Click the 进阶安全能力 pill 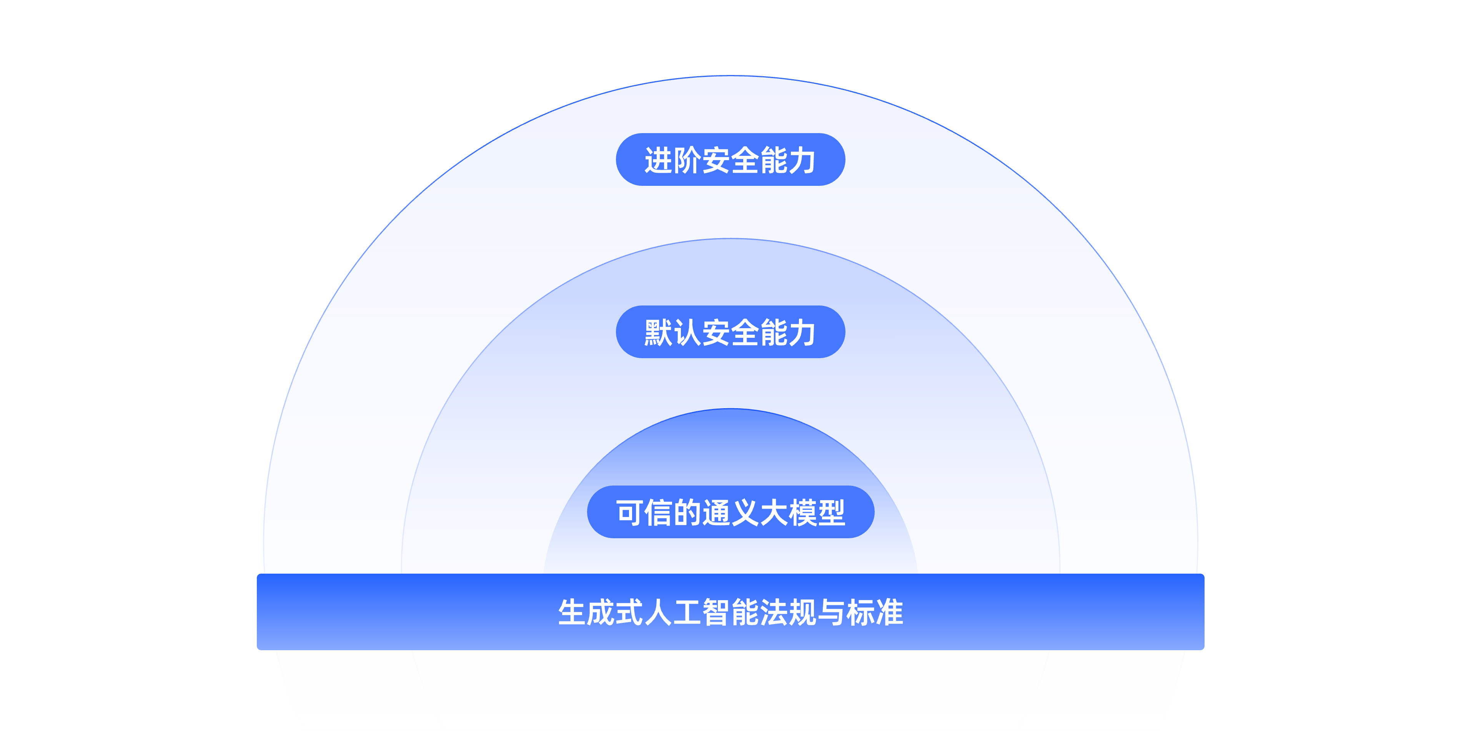pos(730,160)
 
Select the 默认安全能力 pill pos(730,332)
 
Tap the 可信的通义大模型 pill pos(730,512)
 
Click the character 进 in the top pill pos(659,160)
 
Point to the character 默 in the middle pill pos(659,332)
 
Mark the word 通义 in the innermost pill pos(730,512)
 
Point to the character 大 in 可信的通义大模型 pos(774,512)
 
